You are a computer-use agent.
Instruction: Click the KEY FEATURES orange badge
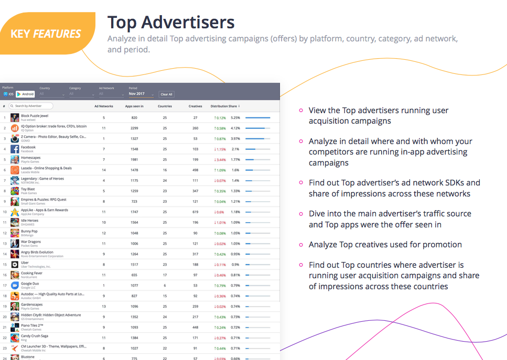[x=46, y=34]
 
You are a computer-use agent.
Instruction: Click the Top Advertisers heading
[x=171, y=23]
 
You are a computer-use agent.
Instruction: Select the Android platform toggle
[x=26, y=94]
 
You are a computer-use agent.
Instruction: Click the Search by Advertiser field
[x=33, y=106]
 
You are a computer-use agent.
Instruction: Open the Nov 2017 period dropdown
[x=141, y=94]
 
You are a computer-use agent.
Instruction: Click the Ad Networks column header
[x=103, y=106]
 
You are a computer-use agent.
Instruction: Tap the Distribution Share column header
[x=225, y=106]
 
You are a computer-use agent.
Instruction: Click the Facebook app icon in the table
[x=15, y=149]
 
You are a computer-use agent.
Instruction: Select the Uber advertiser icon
[x=15, y=265]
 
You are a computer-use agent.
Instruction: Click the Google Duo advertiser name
[x=30, y=284]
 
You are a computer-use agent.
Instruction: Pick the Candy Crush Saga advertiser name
[x=34, y=336]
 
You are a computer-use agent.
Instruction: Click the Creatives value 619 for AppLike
[x=195, y=212]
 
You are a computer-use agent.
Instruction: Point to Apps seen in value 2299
[x=135, y=128]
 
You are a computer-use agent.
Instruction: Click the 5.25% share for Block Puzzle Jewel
[x=235, y=118]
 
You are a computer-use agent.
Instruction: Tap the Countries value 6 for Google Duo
[x=165, y=285]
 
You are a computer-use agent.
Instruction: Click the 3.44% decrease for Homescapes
[x=220, y=159]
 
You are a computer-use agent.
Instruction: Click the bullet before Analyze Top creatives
[x=301, y=245]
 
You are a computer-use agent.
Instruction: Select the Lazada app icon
[x=15, y=170]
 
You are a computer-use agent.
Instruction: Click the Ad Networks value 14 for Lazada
[x=104, y=170]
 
